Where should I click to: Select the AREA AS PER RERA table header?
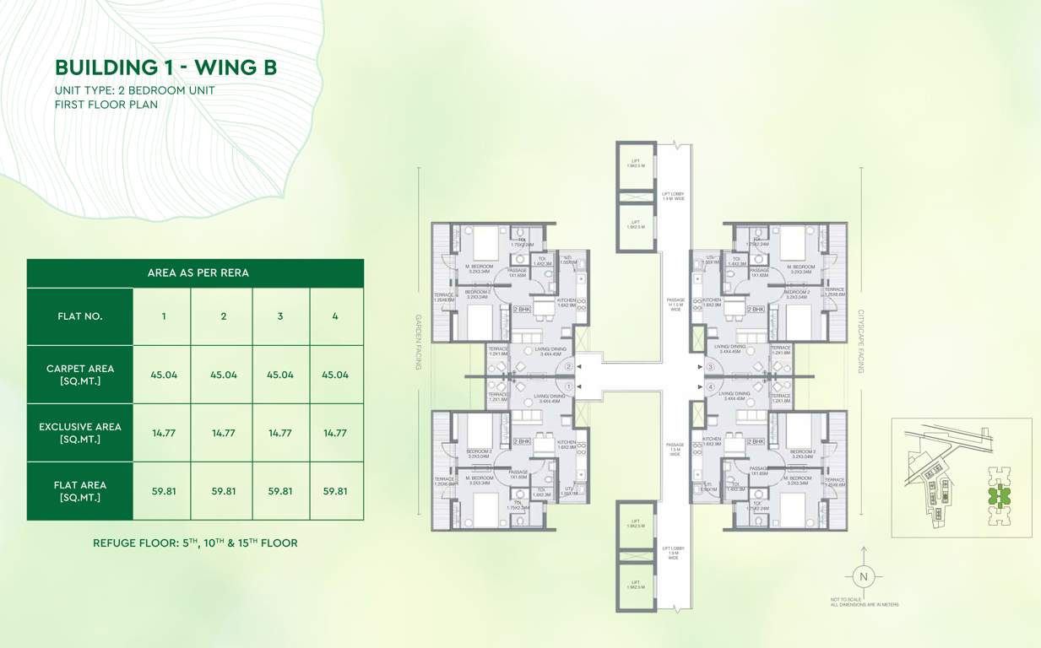tap(198, 273)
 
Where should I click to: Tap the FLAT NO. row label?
tap(79, 316)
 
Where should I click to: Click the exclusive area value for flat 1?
tap(163, 433)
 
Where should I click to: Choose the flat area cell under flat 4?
tap(335, 490)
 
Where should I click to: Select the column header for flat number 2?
tap(223, 316)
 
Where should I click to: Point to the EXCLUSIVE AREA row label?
tap(79, 433)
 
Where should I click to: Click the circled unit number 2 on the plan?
tap(569, 367)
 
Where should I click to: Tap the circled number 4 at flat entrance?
tap(711, 387)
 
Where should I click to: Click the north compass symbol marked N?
tap(863, 577)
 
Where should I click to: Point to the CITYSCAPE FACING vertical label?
tap(862, 342)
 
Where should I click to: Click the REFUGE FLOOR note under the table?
tap(195, 543)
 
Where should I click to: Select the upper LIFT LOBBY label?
tap(673, 196)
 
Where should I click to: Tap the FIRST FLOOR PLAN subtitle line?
tap(106, 105)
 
